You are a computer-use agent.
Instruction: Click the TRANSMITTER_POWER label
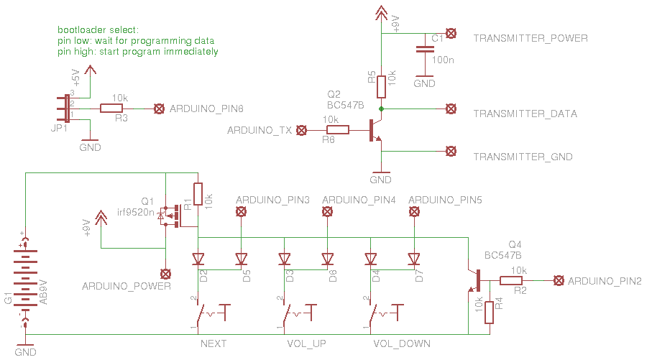click(531, 38)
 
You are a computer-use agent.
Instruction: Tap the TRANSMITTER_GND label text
click(526, 156)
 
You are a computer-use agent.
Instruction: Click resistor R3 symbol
click(111, 109)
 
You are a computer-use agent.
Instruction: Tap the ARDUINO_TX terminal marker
click(302, 130)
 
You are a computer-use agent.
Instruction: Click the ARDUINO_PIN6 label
click(206, 109)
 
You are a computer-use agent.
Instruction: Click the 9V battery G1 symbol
click(25, 277)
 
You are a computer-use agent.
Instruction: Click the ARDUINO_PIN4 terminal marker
click(327, 211)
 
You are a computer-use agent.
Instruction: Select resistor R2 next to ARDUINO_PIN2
click(518, 281)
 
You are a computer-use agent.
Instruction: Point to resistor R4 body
click(490, 313)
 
